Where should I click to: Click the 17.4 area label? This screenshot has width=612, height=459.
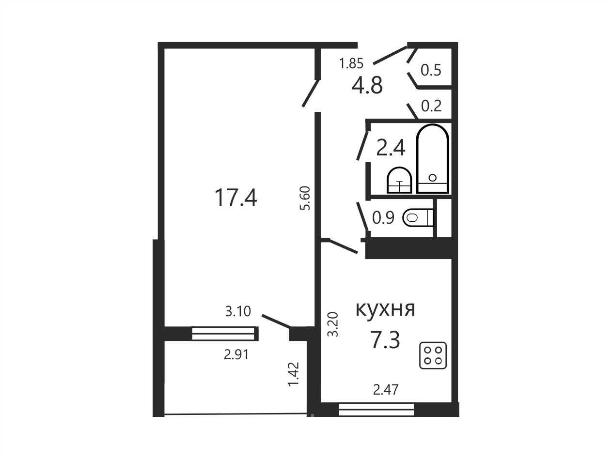(236, 198)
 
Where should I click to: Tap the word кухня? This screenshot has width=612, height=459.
(386, 310)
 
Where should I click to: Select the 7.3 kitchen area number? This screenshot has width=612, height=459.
(385, 340)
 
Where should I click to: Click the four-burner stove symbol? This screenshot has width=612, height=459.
(433, 355)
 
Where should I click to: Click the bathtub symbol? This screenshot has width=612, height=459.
(432, 158)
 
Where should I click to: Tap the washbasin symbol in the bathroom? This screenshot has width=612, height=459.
(400, 180)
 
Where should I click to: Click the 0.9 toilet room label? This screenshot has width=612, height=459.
(383, 218)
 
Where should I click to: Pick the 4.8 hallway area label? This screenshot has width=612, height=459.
(367, 85)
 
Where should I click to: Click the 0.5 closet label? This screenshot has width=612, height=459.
(431, 70)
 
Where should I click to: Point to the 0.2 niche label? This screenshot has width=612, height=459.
(431, 106)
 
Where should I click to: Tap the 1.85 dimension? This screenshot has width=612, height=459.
(351, 63)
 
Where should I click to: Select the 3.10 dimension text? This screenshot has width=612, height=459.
(238, 311)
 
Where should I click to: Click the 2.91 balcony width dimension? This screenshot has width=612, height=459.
(236, 355)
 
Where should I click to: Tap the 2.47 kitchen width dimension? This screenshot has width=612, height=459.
(386, 389)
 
